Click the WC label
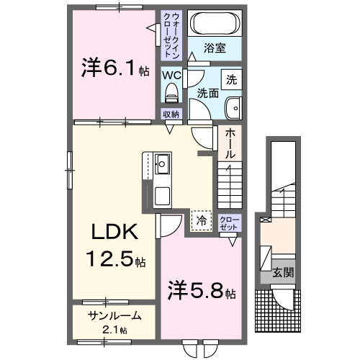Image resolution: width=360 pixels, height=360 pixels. point(171,74)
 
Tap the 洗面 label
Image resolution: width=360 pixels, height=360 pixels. point(208,93)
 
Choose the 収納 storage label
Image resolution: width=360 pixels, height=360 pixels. point(170,114)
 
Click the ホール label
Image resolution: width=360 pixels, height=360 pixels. point(229,143)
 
